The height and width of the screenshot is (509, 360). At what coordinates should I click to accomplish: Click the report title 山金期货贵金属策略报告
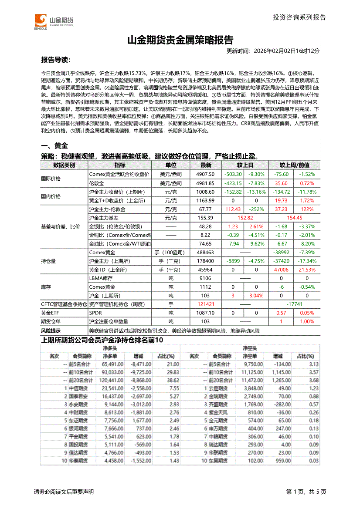(x=180, y=40)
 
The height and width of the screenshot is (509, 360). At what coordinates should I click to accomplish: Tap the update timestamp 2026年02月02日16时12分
(x=286, y=51)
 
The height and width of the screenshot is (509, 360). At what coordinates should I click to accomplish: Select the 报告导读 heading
(x=56, y=60)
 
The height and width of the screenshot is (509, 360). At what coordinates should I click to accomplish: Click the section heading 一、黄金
(x=54, y=146)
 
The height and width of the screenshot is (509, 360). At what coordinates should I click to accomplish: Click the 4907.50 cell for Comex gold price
(x=206, y=174)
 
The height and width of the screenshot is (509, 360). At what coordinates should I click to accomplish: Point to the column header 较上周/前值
(x=294, y=165)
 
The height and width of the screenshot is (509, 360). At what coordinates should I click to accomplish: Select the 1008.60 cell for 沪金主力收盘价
(x=206, y=192)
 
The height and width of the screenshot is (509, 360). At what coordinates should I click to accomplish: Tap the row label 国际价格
(x=51, y=179)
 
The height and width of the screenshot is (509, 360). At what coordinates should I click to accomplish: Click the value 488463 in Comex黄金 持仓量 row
(x=206, y=253)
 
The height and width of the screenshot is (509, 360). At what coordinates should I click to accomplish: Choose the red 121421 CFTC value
(x=206, y=304)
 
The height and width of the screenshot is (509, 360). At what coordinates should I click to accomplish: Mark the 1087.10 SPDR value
(x=206, y=313)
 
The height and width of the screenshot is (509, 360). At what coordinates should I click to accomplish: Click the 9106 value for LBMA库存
(x=206, y=278)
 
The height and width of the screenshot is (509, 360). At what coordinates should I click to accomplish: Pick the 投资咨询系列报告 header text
(x=299, y=17)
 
